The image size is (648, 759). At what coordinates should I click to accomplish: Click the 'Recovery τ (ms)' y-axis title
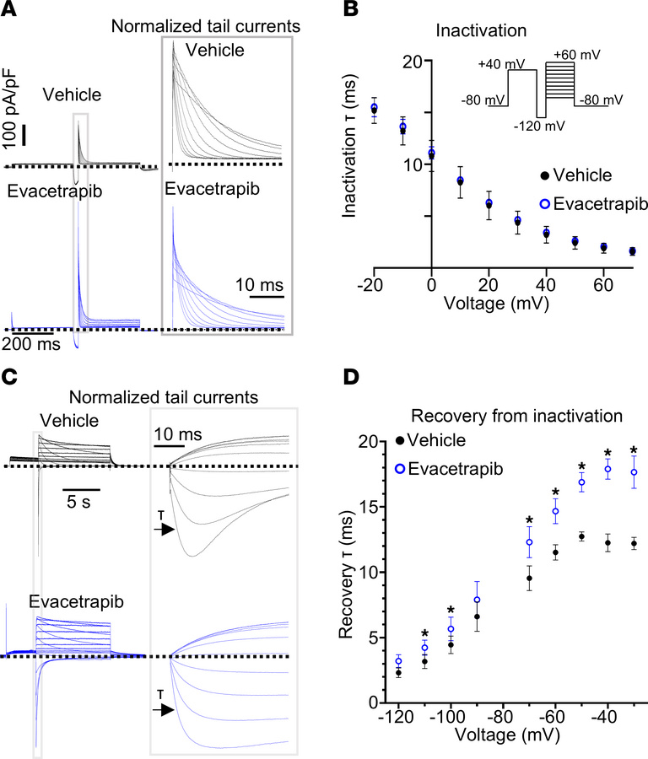click(x=354, y=573)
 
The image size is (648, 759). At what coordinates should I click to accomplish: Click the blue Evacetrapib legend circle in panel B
click(x=545, y=204)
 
